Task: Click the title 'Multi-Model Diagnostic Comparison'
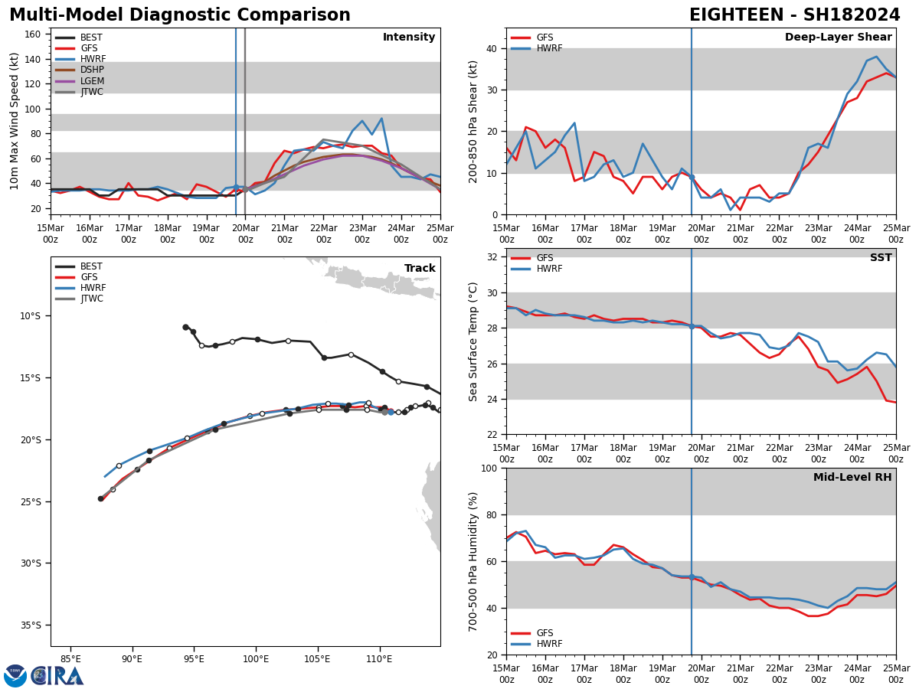point(180,15)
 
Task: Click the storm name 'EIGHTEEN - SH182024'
point(794,15)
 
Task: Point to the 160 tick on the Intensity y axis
point(33,34)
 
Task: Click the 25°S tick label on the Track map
point(31,502)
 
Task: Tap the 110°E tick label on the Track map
point(380,659)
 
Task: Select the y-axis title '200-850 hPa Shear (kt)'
point(473,121)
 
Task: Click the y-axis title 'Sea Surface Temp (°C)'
point(473,341)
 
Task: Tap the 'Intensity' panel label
point(409,38)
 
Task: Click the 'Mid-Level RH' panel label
point(852,478)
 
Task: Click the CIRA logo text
point(57,676)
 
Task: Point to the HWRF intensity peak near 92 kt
point(381,119)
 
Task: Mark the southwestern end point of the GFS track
point(100,498)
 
